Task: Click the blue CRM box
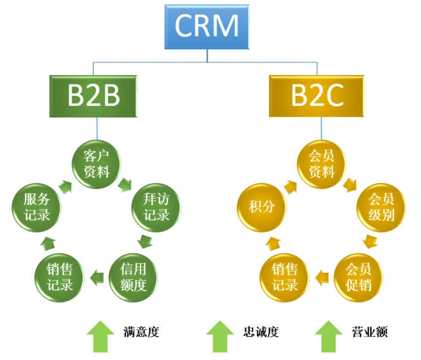click(x=208, y=26)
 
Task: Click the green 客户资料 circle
click(x=96, y=163)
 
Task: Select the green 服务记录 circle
click(x=37, y=206)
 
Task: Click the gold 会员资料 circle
click(x=321, y=163)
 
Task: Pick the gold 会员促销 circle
click(x=358, y=277)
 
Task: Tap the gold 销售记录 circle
click(x=284, y=277)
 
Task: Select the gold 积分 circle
click(x=261, y=206)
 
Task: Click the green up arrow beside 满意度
click(x=100, y=335)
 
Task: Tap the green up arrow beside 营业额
click(x=328, y=335)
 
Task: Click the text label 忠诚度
click(x=261, y=332)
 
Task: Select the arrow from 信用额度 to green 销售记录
click(x=96, y=276)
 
